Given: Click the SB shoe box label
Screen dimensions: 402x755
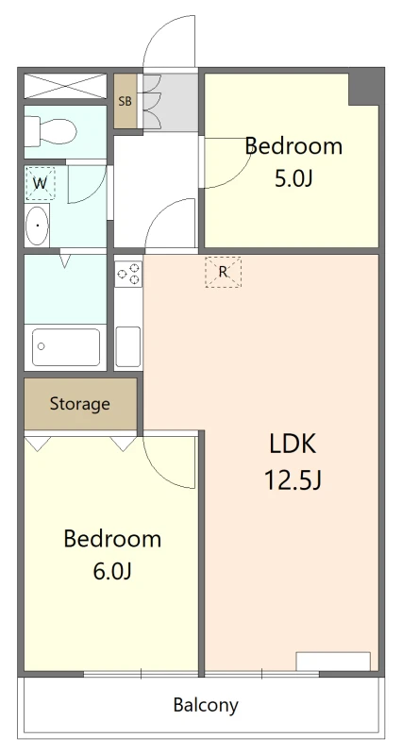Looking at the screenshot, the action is pyautogui.click(x=126, y=101).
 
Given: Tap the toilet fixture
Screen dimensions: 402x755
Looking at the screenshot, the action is pyautogui.click(x=51, y=131).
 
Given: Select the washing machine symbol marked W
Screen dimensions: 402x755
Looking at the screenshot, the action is pyautogui.click(x=40, y=183).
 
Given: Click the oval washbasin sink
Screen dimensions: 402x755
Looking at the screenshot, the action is pyautogui.click(x=37, y=226).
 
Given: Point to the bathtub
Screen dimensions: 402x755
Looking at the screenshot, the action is pyautogui.click(x=66, y=346).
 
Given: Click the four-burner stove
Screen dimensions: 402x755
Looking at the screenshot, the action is pyautogui.click(x=128, y=275).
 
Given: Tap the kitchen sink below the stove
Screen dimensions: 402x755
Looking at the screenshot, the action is pyautogui.click(x=128, y=346).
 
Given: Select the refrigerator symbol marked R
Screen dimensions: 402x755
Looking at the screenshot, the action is pyautogui.click(x=223, y=272).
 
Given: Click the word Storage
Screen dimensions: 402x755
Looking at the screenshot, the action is pyautogui.click(x=80, y=404).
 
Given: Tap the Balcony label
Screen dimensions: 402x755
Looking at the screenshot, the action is pyautogui.click(x=206, y=705).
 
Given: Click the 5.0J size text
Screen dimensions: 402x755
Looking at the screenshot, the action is pyautogui.click(x=293, y=179).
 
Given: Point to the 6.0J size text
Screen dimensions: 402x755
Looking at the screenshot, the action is pyautogui.click(x=112, y=572).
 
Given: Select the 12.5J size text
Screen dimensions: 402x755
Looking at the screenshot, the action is pyautogui.click(x=293, y=479).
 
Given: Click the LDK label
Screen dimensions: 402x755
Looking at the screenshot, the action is pyautogui.click(x=293, y=444).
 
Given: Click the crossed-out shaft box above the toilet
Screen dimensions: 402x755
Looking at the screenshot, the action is pyautogui.click(x=65, y=86).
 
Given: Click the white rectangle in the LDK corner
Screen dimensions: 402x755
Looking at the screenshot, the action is pyautogui.click(x=333, y=662).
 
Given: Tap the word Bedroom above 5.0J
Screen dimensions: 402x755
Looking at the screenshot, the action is pyautogui.click(x=293, y=146).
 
